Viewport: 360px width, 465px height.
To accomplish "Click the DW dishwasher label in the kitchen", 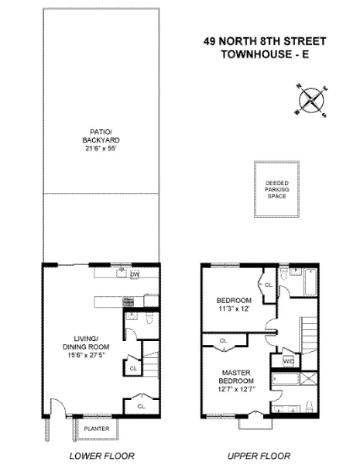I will [135, 275].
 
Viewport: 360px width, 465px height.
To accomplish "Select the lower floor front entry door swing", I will [56, 407].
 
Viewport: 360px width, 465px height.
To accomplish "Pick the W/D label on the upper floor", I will [289, 361].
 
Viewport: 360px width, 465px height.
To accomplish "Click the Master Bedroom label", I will [236, 377].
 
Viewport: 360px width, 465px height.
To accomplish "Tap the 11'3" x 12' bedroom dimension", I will [234, 308].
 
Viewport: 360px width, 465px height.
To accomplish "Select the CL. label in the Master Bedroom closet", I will [225, 341].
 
